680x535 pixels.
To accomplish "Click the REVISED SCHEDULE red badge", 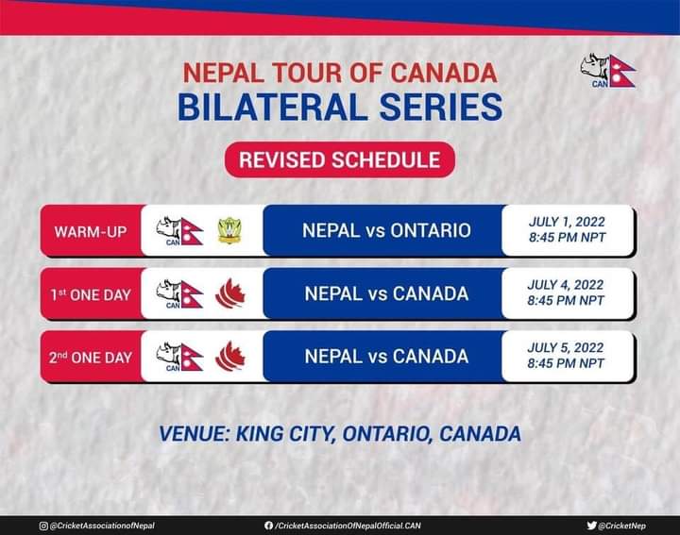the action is click(340, 159).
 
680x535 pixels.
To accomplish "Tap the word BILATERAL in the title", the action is click(272, 107).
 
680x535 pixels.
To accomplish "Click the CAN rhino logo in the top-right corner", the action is click(608, 71).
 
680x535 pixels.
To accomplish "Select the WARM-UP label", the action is click(91, 232).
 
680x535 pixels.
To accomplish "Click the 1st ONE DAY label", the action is click(91, 294).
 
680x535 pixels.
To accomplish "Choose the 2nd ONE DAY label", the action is click(91, 358).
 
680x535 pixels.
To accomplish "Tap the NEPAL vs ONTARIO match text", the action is click(386, 230).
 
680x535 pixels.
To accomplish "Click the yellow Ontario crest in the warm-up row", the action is click(229, 231).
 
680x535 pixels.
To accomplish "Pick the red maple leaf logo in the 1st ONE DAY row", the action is click(229, 293).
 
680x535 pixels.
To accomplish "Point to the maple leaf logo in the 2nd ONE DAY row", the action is click(229, 356).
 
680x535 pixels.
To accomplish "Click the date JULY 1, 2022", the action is click(567, 222).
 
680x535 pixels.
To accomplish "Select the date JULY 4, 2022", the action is click(566, 285).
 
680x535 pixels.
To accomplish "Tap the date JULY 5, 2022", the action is click(566, 347).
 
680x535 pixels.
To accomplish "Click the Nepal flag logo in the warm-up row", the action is click(179, 231).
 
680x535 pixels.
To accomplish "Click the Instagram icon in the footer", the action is click(43, 526).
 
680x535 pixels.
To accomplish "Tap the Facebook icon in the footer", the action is click(268, 526).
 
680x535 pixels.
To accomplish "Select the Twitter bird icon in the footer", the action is click(591, 526).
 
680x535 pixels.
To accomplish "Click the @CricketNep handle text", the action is click(621, 526).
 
